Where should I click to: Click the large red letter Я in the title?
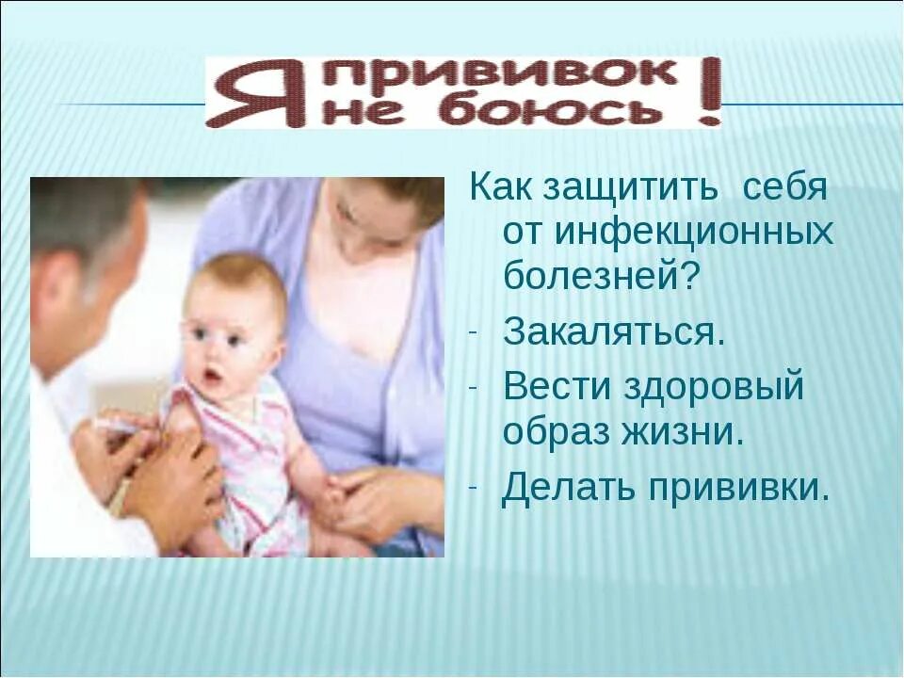click(x=250, y=93)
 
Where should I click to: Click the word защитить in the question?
click(x=627, y=186)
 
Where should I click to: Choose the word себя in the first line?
click(x=785, y=186)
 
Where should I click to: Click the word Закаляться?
click(x=614, y=331)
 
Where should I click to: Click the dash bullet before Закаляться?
click(x=474, y=332)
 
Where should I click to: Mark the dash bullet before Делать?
click(x=474, y=489)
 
